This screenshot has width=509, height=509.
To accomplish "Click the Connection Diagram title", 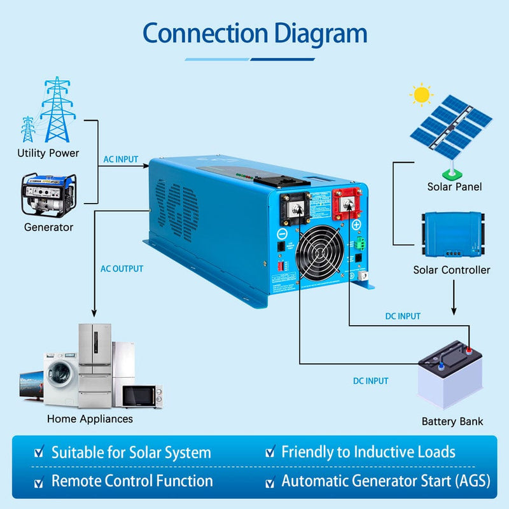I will pos(254,33).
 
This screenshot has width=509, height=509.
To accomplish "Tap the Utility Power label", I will pos(48,153).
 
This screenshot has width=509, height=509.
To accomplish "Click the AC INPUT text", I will pos(120,159).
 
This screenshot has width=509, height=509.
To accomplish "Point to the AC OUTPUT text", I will pos(122,268).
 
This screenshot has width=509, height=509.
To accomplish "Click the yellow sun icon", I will pos(421,95).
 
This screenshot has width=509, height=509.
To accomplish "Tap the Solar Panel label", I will pos(454,187).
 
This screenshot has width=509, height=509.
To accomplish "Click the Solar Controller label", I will pos(452,270).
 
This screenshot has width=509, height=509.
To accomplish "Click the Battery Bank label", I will pos(452,421).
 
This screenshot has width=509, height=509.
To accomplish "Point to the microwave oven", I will pos(141,396).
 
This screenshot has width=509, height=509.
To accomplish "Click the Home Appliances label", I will pos(90,419).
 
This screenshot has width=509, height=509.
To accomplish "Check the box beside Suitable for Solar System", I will pos(39,453).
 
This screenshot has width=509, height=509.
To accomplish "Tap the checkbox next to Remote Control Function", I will pos(39,481).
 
